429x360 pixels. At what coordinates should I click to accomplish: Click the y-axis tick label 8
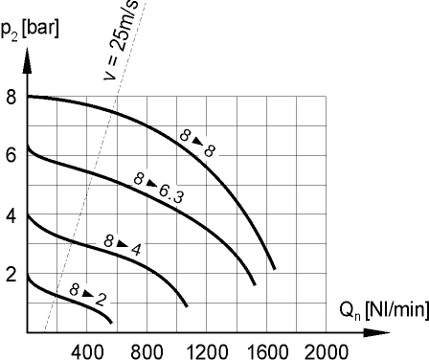(11, 96)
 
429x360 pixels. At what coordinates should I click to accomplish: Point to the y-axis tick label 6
(11, 155)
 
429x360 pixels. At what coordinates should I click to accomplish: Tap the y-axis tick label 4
(11, 215)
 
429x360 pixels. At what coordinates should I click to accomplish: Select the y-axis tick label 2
(11, 275)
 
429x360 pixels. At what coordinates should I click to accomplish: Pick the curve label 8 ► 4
(123, 246)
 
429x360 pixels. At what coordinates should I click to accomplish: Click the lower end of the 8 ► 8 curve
(276, 270)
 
